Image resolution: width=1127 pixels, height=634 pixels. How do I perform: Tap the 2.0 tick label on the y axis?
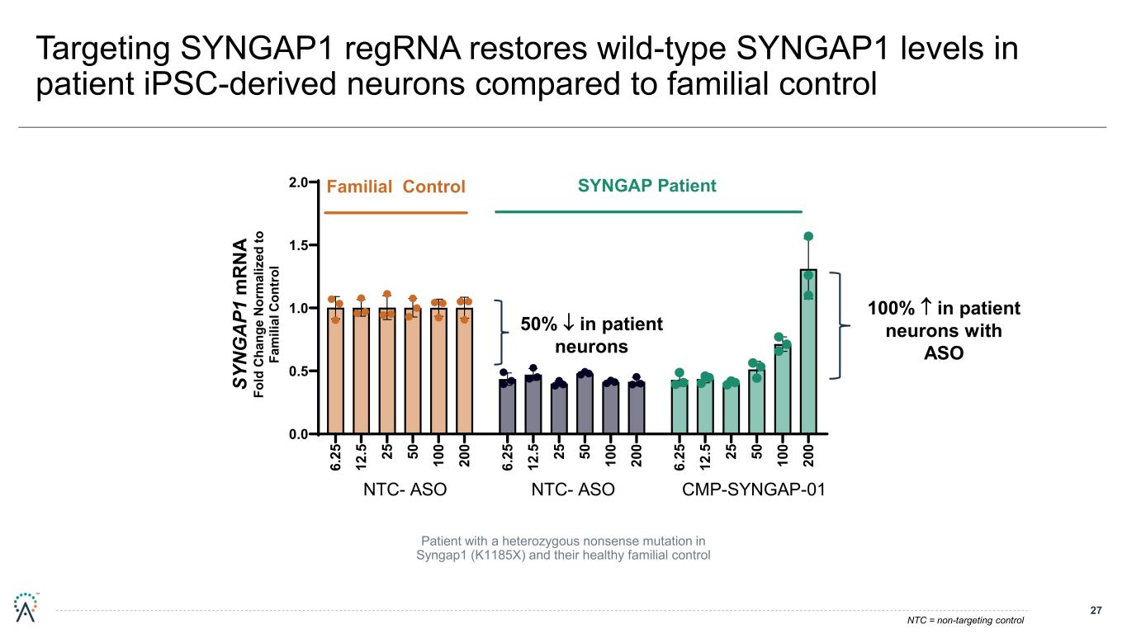[298, 182]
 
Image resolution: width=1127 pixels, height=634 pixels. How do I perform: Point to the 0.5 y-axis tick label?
[298, 371]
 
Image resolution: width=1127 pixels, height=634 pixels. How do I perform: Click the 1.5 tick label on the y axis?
[298, 245]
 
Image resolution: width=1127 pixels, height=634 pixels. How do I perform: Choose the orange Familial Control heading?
[396, 187]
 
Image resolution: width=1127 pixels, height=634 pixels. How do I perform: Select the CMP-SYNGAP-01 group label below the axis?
[754, 490]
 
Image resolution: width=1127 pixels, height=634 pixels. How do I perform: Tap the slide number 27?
[1096, 611]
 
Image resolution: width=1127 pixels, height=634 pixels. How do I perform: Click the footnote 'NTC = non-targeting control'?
[965, 620]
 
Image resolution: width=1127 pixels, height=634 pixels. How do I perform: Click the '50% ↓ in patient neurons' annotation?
[591, 334]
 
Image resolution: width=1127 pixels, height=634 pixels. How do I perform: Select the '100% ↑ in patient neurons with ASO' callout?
[944, 330]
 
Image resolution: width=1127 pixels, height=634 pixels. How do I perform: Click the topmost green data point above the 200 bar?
[808, 237]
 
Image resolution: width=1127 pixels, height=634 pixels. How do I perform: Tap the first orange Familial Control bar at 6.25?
[335, 371]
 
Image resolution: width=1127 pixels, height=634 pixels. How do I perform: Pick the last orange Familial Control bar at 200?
[465, 371]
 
